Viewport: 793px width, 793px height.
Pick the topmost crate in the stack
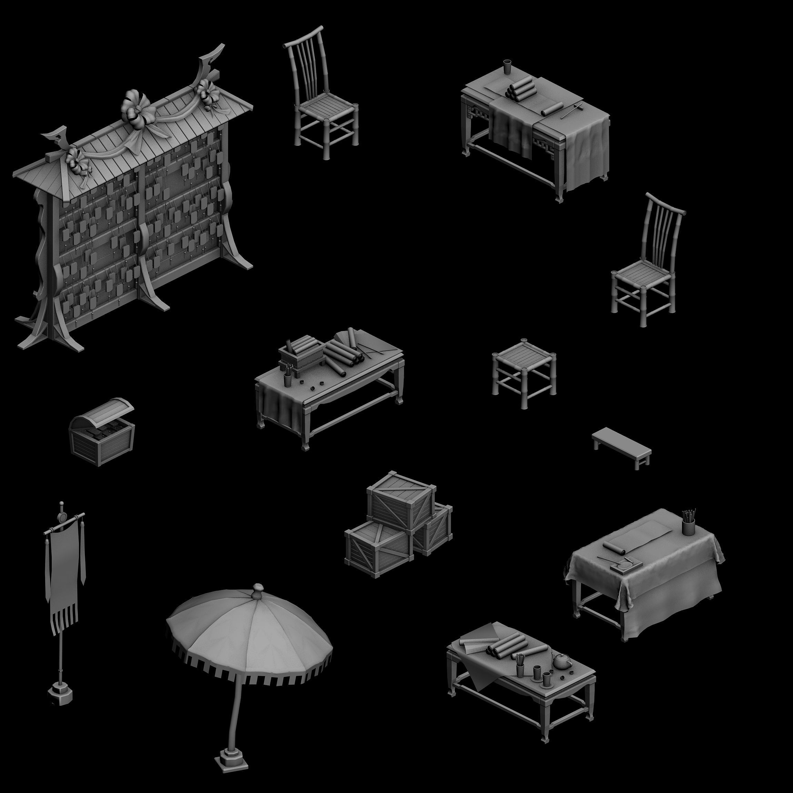click(401, 499)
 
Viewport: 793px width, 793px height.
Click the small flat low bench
click(621, 445)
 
